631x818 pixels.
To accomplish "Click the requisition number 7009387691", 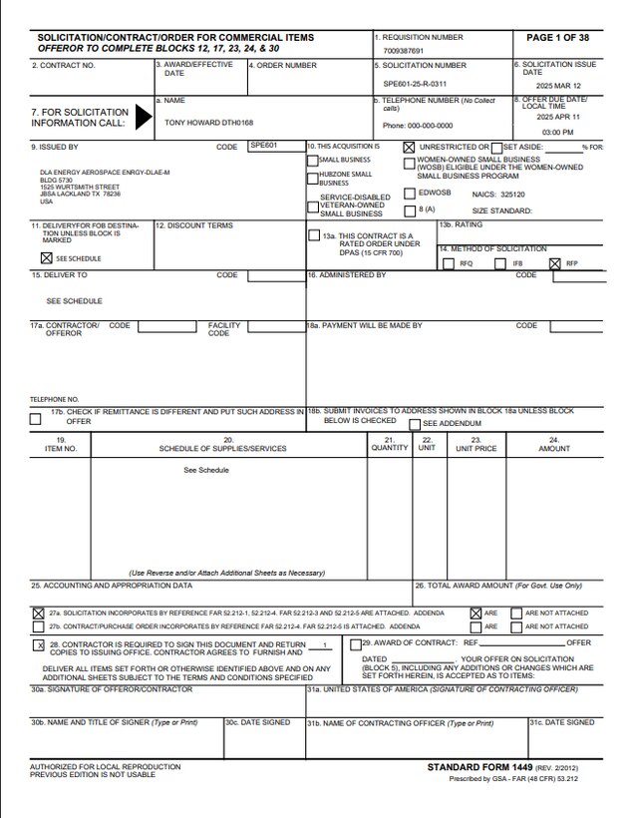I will (x=403, y=51).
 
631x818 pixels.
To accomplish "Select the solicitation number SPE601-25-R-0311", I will (x=415, y=84).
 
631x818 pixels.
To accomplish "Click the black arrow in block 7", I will (x=144, y=118).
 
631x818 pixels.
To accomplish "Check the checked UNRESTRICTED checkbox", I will (x=409, y=147).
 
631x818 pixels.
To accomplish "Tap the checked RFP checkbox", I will (x=555, y=263).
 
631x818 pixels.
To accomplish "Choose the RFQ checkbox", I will (x=450, y=263).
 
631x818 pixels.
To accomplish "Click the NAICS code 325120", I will (x=512, y=196).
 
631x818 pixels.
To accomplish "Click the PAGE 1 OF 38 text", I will (x=557, y=37).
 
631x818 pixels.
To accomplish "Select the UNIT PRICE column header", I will (x=475, y=448).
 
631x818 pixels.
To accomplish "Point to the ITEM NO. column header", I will (x=60, y=448).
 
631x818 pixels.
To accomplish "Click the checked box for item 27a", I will (x=38, y=613).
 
